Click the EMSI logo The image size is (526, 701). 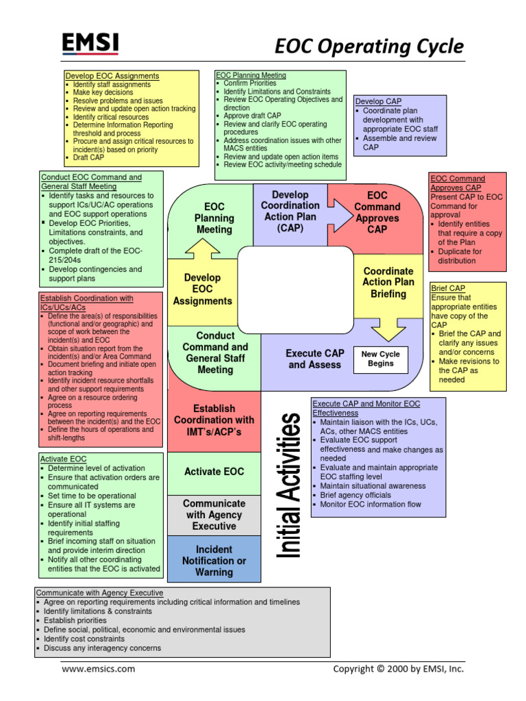(90, 44)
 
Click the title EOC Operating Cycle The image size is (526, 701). (369, 47)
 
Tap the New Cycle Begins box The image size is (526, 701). (380, 359)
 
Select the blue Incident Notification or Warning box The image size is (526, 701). (214, 560)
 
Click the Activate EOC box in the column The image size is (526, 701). (214, 472)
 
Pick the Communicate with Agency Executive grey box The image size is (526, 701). (214, 515)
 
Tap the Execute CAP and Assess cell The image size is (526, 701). (314, 359)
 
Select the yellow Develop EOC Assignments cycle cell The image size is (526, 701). (202, 289)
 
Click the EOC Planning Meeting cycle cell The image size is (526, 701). (214, 218)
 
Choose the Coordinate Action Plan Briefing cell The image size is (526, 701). (388, 282)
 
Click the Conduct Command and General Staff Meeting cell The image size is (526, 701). (215, 353)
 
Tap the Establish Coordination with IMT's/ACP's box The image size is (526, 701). (214, 420)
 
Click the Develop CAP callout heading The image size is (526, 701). (378, 101)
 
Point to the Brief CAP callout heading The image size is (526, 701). (448, 289)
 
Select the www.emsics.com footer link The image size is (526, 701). (99, 669)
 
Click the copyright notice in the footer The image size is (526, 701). (398, 669)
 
